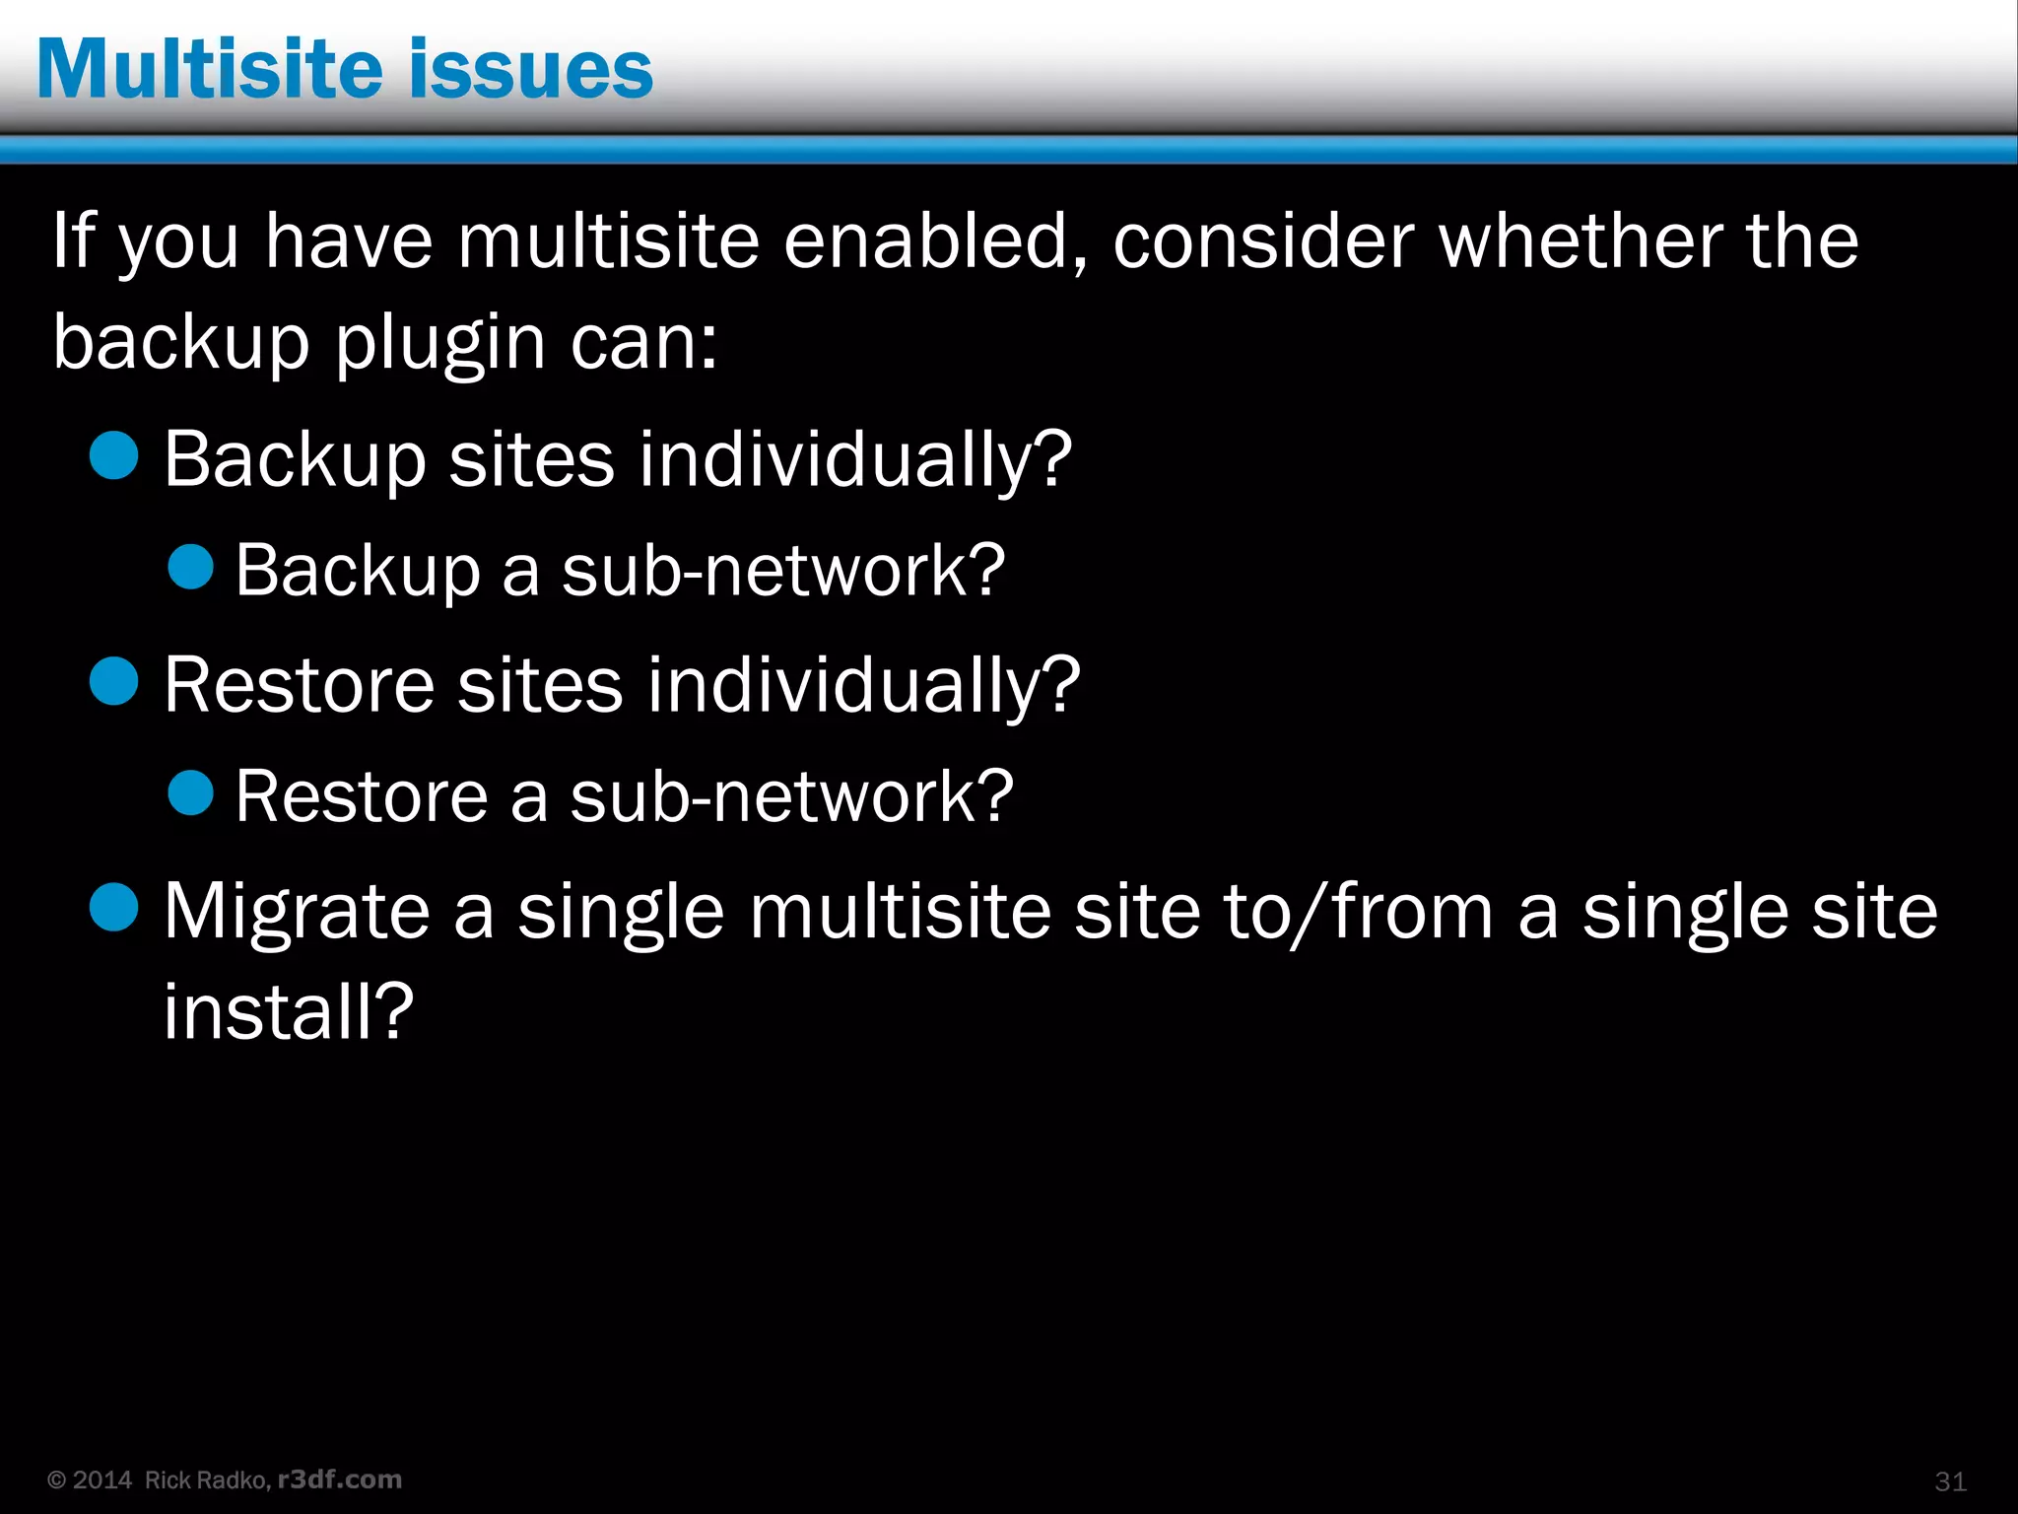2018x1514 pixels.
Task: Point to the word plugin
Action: [x=439, y=343]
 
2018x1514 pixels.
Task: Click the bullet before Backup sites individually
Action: [x=114, y=455]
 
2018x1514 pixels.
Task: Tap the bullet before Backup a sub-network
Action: [x=191, y=568]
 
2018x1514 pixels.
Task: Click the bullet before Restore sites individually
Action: [x=114, y=681]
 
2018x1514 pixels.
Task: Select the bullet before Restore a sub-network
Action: [x=191, y=793]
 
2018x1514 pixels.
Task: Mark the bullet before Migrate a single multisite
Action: [x=114, y=907]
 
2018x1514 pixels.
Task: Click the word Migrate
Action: [x=297, y=912]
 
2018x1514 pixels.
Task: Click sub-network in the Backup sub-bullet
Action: [x=782, y=571]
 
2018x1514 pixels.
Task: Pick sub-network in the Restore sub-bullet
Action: [x=790, y=796]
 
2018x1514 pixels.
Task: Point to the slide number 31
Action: [x=1950, y=1481]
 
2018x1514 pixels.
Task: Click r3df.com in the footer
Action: [x=340, y=1480]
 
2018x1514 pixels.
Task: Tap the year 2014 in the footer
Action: [x=101, y=1480]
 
